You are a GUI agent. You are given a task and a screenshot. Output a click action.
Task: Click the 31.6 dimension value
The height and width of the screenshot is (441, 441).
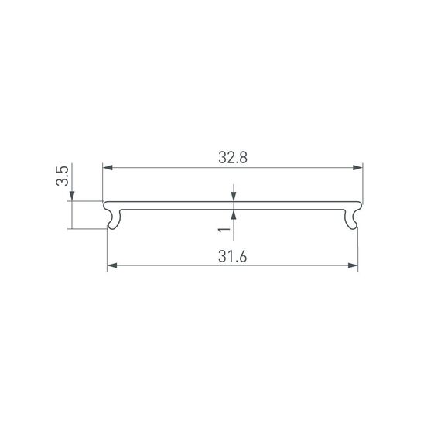click(232, 257)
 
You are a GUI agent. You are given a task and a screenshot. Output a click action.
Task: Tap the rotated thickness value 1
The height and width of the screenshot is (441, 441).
click(224, 230)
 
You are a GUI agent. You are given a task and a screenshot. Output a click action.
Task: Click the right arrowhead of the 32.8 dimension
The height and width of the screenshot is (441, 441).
click(358, 167)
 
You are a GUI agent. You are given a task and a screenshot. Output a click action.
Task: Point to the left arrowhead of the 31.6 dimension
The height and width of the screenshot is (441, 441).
click(111, 266)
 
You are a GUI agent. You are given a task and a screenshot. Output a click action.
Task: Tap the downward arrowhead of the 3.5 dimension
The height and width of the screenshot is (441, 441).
click(71, 197)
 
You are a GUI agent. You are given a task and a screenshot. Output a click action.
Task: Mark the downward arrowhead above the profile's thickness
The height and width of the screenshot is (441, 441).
click(233, 199)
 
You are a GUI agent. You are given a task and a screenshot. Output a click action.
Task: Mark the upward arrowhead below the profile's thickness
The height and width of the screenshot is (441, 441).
click(233, 214)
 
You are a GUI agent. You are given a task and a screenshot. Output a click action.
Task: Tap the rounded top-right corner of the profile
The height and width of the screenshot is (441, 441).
click(361, 204)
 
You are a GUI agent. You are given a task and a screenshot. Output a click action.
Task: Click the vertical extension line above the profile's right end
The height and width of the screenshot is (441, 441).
click(363, 182)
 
